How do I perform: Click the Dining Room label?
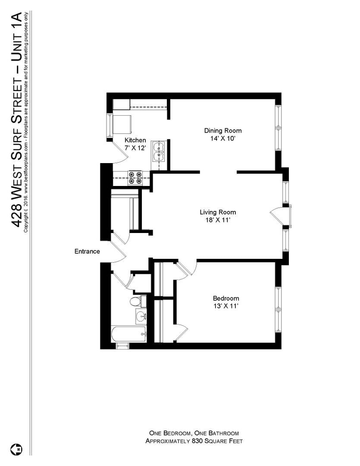coord(222,131)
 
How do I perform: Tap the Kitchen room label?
coord(135,140)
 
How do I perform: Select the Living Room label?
coord(218,212)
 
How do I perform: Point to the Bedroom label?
coord(226,299)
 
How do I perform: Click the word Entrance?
coord(87,252)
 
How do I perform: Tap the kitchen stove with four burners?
coord(135,178)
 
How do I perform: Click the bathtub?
coord(128,334)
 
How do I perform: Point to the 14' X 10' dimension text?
coord(222,139)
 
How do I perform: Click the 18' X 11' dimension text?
coord(218,220)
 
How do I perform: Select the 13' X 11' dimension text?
coord(226,306)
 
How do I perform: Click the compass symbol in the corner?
coord(19,448)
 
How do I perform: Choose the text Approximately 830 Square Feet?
coord(194,441)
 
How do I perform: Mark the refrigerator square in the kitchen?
coord(122,125)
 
